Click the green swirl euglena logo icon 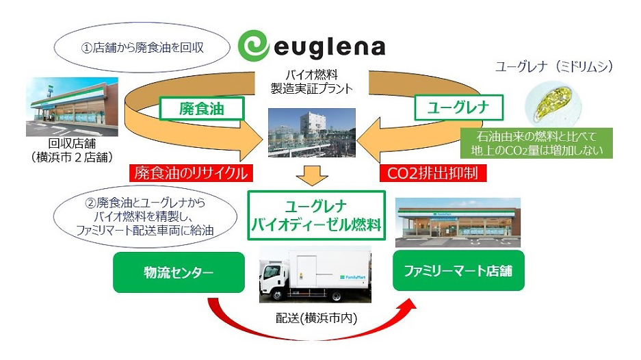point(258,47)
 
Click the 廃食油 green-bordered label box point(192,107)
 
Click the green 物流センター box point(180,273)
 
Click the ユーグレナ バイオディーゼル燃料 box point(315,214)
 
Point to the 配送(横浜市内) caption point(315,320)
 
